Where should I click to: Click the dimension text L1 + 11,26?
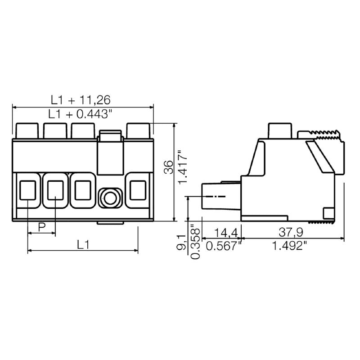pyautogui.click(x=80, y=99)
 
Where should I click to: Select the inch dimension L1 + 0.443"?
pyautogui.click(x=80, y=114)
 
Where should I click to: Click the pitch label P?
pyautogui.click(x=41, y=227)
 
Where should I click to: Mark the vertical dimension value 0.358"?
pyautogui.click(x=195, y=242)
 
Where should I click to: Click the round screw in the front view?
pyautogui.click(x=110, y=197)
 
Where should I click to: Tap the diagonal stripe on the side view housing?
pyautogui.click(x=320, y=156)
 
